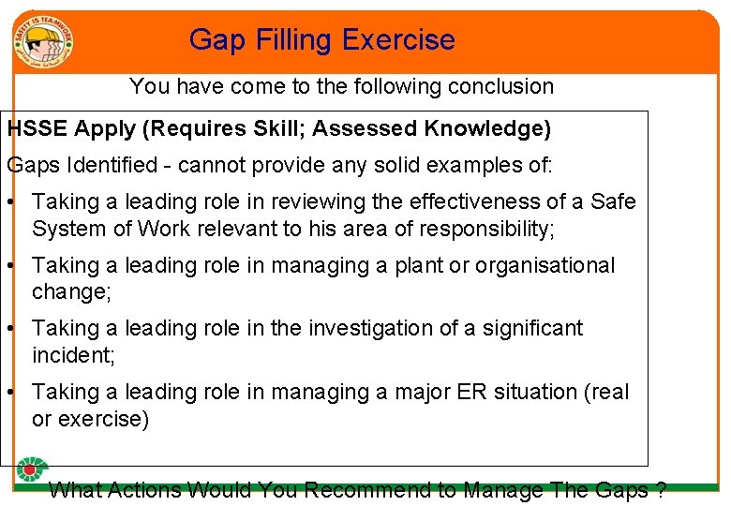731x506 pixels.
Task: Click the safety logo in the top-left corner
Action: [x=43, y=40]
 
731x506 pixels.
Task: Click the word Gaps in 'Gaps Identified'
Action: [x=29, y=166]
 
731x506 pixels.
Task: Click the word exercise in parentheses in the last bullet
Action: [x=97, y=419]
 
